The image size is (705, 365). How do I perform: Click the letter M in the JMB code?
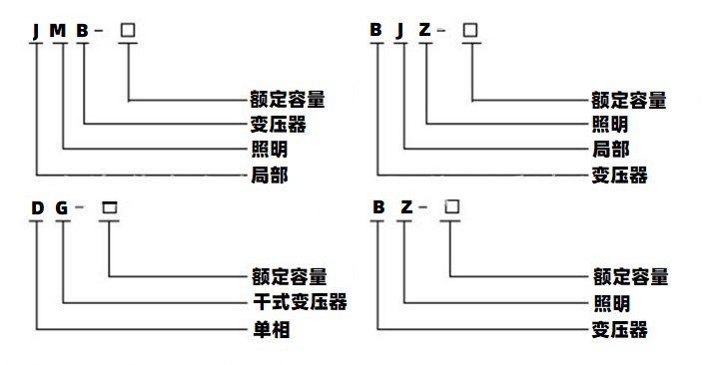(59, 31)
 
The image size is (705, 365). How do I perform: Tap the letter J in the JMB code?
(37, 31)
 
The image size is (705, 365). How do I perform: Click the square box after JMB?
(127, 31)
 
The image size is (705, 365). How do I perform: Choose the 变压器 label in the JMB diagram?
(277, 125)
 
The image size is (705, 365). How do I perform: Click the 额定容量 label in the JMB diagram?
(289, 100)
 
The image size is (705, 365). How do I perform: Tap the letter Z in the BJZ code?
(426, 31)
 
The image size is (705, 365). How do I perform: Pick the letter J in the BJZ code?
(401, 31)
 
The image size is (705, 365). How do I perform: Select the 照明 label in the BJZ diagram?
(610, 125)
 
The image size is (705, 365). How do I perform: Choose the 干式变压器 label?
(299, 302)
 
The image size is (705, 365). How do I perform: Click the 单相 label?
(270, 328)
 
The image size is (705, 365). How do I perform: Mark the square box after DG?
(109, 208)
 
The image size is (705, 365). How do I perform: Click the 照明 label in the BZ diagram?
(611, 302)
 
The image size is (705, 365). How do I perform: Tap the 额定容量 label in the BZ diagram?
(630, 276)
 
